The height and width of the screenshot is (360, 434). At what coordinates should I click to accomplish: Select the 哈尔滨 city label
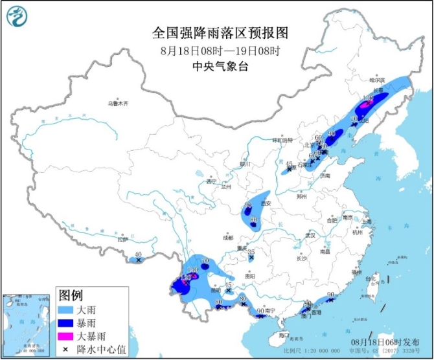pyautogui.click(x=376, y=80)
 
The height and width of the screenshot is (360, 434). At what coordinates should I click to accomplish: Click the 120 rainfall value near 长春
pyautogui.click(x=368, y=98)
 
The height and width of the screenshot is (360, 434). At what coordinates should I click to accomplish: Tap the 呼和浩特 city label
pyautogui.click(x=282, y=140)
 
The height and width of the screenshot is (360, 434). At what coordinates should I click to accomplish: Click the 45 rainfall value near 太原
pyautogui.click(x=289, y=164)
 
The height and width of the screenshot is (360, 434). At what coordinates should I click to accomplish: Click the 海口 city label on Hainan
pyautogui.click(x=283, y=335)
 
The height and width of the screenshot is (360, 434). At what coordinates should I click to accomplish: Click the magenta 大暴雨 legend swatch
pyautogui.click(x=65, y=336)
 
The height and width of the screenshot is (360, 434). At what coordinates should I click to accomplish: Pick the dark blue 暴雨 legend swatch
pyautogui.click(x=65, y=322)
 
